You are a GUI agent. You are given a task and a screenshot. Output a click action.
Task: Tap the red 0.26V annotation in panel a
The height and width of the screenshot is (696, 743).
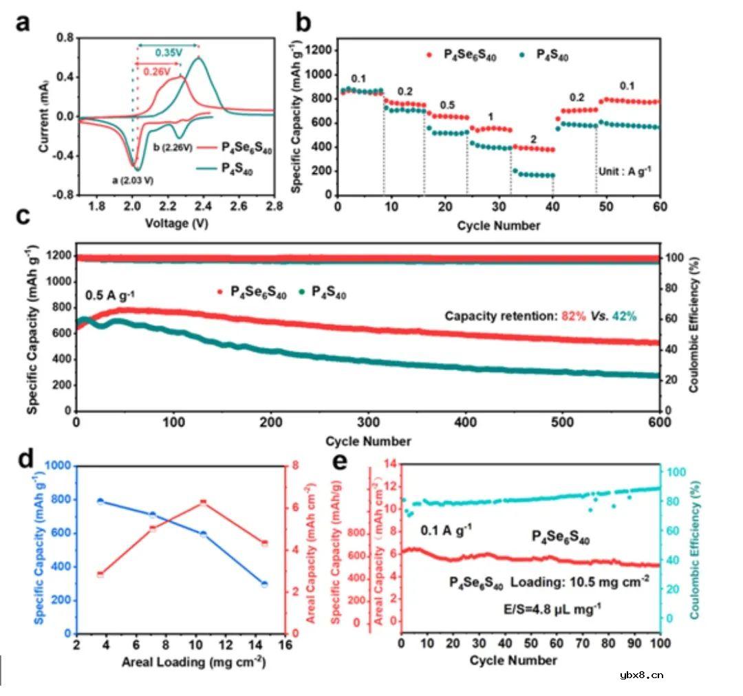tap(157, 69)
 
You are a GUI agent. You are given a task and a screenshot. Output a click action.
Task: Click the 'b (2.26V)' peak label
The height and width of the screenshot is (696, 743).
tap(173, 147)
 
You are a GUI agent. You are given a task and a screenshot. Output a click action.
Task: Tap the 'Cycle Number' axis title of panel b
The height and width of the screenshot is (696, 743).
tap(498, 225)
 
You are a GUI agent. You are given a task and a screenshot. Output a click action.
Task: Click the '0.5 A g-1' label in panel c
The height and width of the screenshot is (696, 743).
tap(110, 296)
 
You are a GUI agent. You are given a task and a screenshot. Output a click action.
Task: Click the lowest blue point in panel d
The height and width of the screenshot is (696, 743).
tap(264, 584)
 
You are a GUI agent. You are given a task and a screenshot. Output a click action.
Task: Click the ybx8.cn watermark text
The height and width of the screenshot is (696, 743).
tap(640, 674)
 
